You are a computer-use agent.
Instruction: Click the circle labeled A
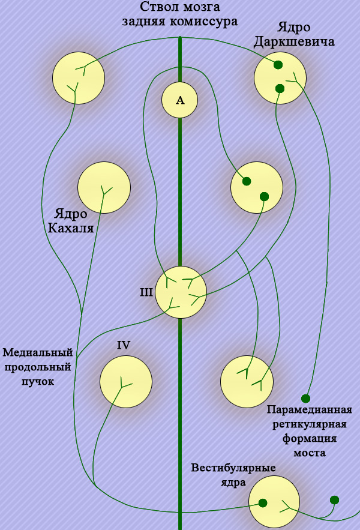click(180, 100)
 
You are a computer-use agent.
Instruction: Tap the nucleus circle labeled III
click(181, 292)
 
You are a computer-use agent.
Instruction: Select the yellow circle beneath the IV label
click(126, 382)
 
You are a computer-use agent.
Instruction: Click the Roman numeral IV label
click(124, 345)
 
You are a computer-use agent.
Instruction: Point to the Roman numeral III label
click(146, 293)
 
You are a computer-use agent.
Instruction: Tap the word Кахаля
click(70, 228)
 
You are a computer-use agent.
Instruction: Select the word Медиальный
click(38, 352)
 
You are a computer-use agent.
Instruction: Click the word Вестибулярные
click(233, 468)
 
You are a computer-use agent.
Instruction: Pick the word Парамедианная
click(309, 410)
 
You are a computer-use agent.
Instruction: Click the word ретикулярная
click(309, 424)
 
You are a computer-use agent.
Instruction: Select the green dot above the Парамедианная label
click(305, 398)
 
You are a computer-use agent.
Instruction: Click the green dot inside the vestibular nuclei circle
click(262, 503)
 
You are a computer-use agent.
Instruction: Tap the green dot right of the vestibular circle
click(334, 500)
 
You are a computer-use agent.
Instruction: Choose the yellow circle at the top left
click(79, 77)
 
